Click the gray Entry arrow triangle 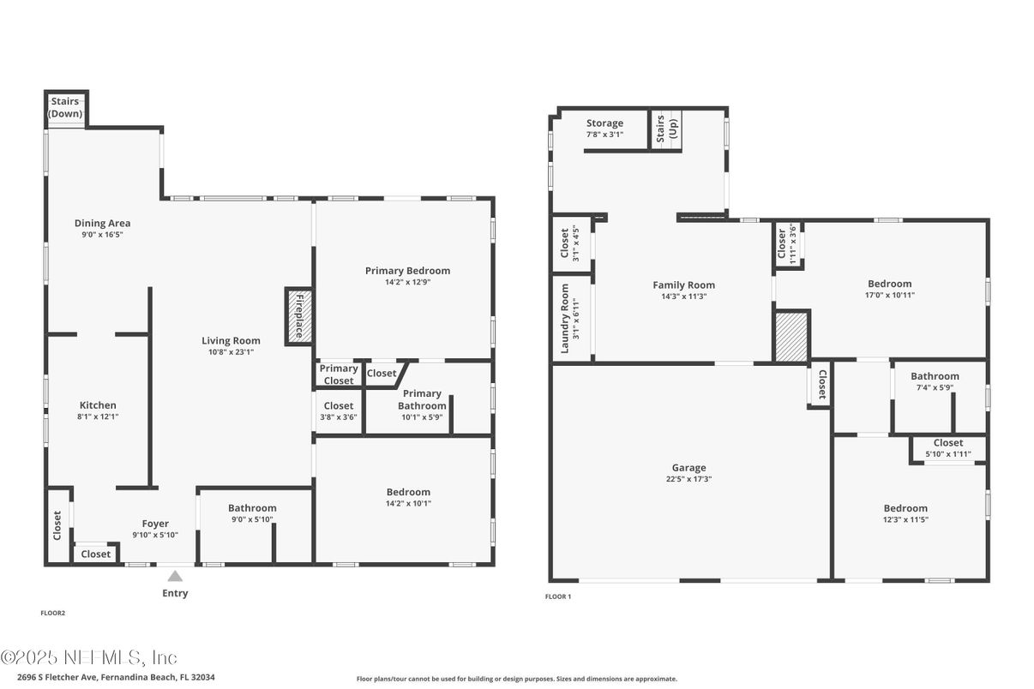click(x=175, y=577)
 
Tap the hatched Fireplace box click(x=299, y=316)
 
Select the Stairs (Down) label click(x=65, y=107)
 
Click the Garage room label click(x=688, y=468)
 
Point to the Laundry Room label click(x=564, y=319)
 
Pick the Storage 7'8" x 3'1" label click(x=604, y=129)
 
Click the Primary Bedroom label click(x=407, y=271)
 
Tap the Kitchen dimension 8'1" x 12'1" click(x=98, y=416)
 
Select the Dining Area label click(x=103, y=224)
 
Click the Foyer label click(x=155, y=524)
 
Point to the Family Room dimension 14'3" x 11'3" click(x=684, y=297)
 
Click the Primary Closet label click(x=339, y=374)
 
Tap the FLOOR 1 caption click(x=558, y=596)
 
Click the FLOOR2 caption click(x=53, y=613)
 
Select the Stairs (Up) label click(x=666, y=129)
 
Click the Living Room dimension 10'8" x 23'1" click(x=231, y=352)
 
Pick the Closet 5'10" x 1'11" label click(x=948, y=448)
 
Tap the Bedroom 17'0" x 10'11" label click(x=889, y=289)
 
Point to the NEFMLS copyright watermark click(x=88, y=657)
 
